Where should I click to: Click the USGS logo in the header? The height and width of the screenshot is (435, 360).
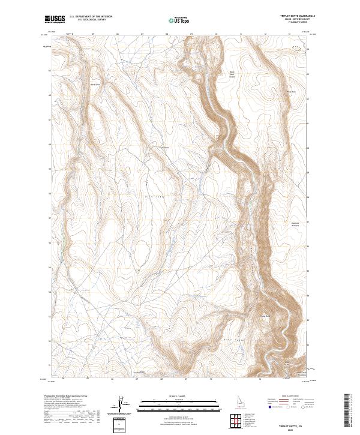[x=55, y=19]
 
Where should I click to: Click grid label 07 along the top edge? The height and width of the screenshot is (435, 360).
[x=142, y=34]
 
